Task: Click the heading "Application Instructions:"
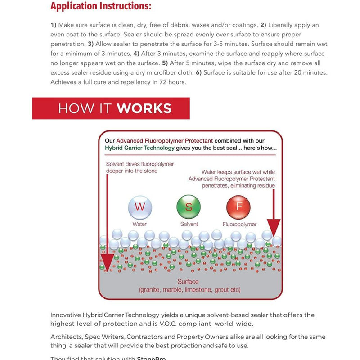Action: pyautogui.click(x=101, y=7)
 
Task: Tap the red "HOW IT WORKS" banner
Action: pyautogui.click(x=111, y=108)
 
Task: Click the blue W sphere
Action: pyautogui.click(x=139, y=207)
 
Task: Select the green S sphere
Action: pyautogui.click(x=189, y=207)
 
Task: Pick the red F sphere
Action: pyautogui.click(x=239, y=207)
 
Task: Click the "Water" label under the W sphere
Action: pyautogui.click(x=139, y=224)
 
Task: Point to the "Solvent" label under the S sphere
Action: pyautogui.click(x=189, y=224)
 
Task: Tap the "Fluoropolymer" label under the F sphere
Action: pyautogui.click(x=239, y=224)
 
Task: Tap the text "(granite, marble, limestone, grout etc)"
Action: pyautogui.click(x=190, y=289)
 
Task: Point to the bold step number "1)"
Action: pyautogui.click(x=54, y=25)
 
